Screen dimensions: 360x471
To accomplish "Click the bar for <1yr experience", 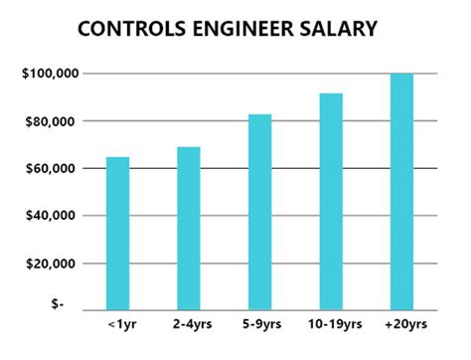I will click(x=117, y=234).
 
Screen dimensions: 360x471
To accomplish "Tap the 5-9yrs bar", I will click(x=259, y=212).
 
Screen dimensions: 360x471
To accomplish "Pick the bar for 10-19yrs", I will click(x=331, y=202).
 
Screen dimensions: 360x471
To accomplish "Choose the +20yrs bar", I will click(x=401, y=192).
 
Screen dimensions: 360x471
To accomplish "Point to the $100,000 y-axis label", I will click(x=49, y=74).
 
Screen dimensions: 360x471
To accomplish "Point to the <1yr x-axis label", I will click(x=117, y=326).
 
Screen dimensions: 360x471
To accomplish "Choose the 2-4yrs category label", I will click(x=188, y=326).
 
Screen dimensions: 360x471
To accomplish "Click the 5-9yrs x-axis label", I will click(x=259, y=326).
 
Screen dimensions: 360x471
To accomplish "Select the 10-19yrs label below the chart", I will click(x=331, y=326).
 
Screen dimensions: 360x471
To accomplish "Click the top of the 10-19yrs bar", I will click(x=331, y=94).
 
